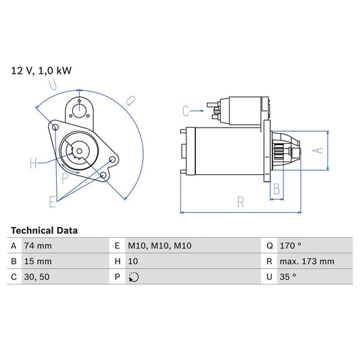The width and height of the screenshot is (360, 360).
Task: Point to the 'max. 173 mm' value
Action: click(308, 261)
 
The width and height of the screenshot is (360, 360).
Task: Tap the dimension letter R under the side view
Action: click(240, 201)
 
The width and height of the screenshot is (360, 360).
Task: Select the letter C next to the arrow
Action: click(186, 109)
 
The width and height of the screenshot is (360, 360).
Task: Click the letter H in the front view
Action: click(33, 163)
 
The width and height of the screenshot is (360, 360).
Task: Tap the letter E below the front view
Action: click(52, 201)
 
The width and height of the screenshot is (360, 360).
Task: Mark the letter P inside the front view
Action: click(65, 179)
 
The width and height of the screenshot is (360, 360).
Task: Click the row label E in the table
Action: click(118, 246)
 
